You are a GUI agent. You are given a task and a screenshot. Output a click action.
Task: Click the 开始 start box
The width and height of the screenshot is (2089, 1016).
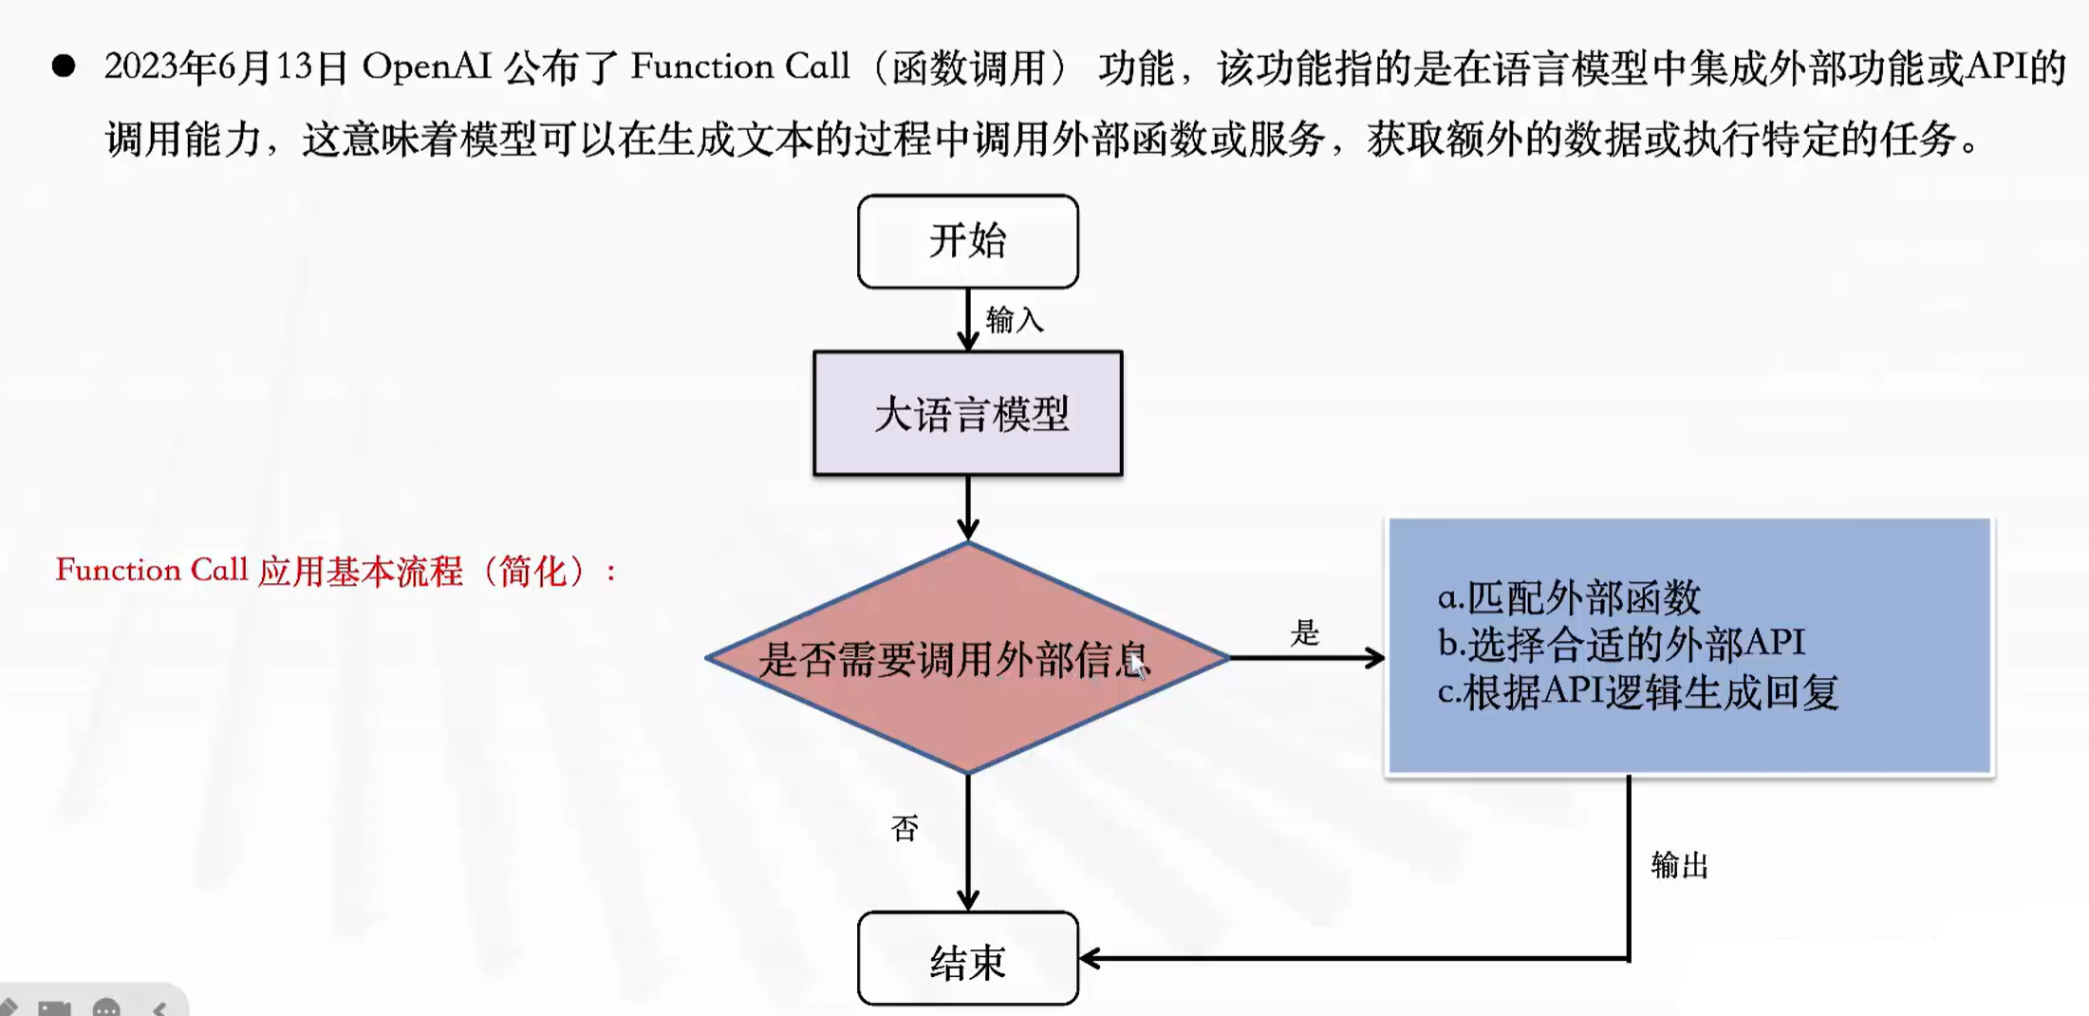coord(967,241)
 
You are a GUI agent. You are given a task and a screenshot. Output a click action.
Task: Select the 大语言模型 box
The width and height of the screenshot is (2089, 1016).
coord(967,414)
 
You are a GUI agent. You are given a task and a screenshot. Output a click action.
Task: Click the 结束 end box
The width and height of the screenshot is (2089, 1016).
coord(967,961)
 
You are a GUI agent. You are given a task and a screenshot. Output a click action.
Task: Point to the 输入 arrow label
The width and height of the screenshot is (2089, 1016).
coord(1015,320)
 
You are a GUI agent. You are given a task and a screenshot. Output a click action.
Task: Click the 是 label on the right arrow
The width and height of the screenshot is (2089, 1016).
coord(1305,632)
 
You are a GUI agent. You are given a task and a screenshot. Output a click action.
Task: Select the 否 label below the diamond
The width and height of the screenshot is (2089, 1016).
coord(905,829)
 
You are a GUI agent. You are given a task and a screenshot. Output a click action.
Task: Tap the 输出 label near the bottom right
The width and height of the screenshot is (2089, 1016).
coord(1679,865)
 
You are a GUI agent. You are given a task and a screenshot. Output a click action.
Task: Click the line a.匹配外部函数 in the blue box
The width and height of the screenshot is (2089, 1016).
coord(1569,597)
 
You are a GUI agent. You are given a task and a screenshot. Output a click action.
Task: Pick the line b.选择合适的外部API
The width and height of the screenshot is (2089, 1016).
coord(1621,644)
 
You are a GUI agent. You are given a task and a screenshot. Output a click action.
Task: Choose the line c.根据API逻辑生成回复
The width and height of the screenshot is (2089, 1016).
coord(1638,692)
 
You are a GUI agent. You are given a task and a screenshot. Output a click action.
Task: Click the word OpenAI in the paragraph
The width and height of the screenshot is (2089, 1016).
coord(426,66)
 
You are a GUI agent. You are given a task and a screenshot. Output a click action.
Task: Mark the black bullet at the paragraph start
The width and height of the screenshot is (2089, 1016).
coord(64,66)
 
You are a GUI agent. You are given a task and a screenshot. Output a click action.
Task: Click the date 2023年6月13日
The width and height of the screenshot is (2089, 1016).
coord(226,66)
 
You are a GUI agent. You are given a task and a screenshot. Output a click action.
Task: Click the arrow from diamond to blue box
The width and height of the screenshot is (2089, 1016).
coord(1305,657)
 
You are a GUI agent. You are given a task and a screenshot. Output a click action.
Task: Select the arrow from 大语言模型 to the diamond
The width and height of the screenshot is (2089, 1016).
coord(967,508)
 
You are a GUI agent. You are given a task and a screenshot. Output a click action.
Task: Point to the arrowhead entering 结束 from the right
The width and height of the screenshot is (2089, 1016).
coord(1090,958)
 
